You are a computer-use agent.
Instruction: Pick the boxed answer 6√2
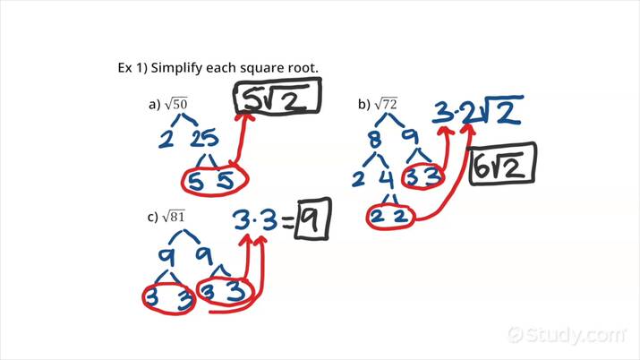pyautogui.click(x=503, y=165)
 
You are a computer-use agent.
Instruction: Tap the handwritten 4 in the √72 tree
pyautogui.click(x=386, y=178)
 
